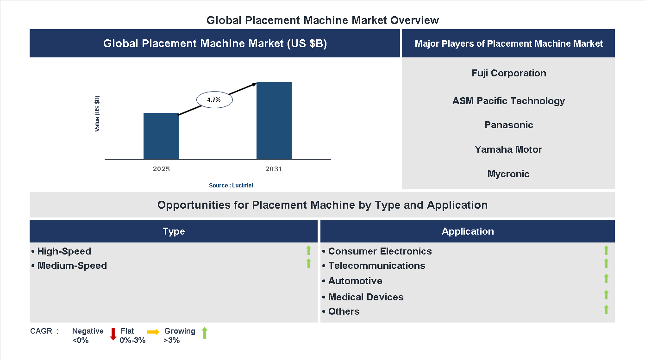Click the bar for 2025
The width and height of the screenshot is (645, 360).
click(161, 136)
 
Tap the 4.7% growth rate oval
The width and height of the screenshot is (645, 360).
click(214, 99)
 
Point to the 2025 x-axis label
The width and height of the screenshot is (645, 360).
click(161, 169)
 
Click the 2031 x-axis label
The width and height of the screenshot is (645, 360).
click(274, 169)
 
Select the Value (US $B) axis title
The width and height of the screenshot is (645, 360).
click(97, 113)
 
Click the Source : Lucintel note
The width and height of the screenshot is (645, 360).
click(231, 186)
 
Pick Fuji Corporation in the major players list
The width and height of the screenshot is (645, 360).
click(509, 73)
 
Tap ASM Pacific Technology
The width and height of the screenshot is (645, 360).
click(508, 101)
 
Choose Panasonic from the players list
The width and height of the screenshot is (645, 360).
click(509, 125)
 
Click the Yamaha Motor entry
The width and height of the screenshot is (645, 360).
click(508, 149)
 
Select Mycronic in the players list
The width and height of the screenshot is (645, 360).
click(508, 174)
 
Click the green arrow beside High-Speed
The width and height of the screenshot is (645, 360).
click(308, 250)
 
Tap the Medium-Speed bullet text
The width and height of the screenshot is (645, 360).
click(72, 266)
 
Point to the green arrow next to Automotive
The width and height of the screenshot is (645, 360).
click(606, 279)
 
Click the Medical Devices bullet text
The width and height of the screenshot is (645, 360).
click(366, 297)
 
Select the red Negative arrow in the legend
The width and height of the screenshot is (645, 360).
click(113, 334)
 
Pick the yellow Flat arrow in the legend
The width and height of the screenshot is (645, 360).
click(153, 332)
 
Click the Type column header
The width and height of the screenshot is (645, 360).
click(174, 231)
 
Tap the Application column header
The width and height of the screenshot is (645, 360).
click(468, 231)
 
